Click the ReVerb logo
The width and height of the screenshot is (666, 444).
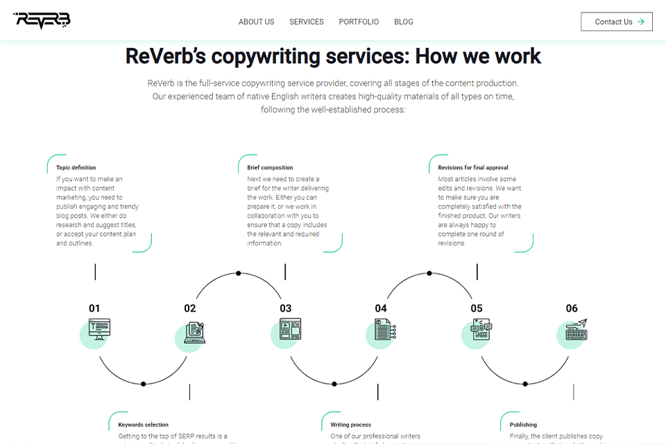click(x=42, y=21)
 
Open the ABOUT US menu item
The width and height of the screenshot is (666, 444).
click(x=256, y=22)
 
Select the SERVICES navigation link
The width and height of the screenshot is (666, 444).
click(x=307, y=22)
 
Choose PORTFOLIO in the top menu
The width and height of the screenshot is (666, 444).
click(x=359, y=22)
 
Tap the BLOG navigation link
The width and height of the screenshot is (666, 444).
click(x=404, y=22)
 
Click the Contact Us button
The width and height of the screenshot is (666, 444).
click(x=617, y=22)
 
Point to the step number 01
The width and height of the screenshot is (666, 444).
click(x=94, y=309)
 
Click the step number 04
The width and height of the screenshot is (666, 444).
click(x=381, y=309)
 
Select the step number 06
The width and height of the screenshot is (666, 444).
click(x=572, y=309)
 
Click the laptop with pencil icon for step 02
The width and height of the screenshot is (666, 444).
click(x=193, y=334)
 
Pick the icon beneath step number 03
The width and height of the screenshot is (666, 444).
click(x=289, y=330)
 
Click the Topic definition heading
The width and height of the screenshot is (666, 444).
click(x=76, y=168)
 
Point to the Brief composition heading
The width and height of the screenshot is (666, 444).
click(x=270, y=168)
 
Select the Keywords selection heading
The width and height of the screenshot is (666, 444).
click(x=143, y=425)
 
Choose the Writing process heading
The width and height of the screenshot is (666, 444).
click(x=350, y=425)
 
